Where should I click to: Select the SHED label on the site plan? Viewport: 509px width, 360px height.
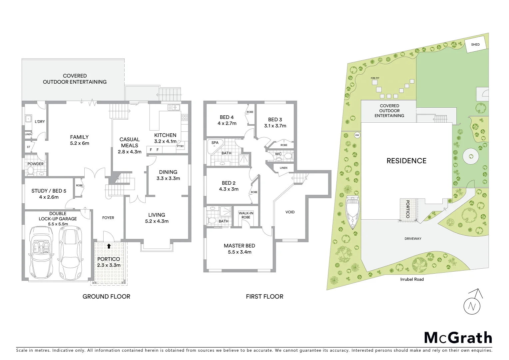pos(475,44)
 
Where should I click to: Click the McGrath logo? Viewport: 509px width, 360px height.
pos(458,338)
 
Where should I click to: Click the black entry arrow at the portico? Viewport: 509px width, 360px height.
pos(109,246)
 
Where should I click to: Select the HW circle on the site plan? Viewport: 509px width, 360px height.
pos(357,135)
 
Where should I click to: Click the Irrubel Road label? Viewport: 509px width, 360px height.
pos(412,279)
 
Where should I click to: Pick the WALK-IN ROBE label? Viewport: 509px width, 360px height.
pos(246,215)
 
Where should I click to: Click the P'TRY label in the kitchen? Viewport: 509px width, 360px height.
pos(180,146)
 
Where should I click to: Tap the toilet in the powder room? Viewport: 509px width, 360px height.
pos(30,171)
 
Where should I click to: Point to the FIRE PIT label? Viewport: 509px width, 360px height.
pos(375,78)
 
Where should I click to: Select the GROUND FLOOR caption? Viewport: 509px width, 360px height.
pos(106,296)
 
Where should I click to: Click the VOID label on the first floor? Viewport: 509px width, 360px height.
pos(290,212)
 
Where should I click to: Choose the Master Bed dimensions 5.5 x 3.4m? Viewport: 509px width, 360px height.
pos(240,252)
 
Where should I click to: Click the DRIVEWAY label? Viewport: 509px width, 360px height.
pos(413,239)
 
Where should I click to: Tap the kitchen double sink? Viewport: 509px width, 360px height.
pos(174,107)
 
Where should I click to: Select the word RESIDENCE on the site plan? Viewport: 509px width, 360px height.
pos(406,161)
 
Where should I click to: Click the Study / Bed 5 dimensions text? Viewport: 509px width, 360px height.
pos(49,197)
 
